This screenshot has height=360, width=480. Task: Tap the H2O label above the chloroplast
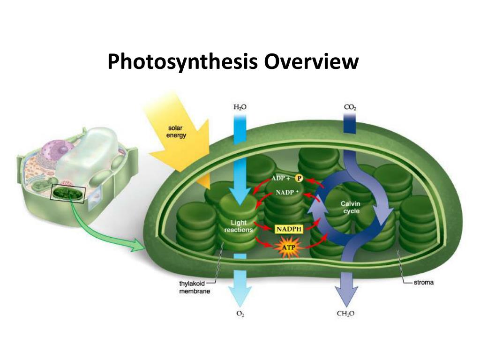pyautogui.click(x=240, y=107)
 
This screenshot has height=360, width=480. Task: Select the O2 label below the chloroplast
pyautogui.click(x=240, y=314)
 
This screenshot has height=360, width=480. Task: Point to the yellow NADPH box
pyautogui.click(x=289, y=229)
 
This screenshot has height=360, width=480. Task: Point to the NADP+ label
pyautogui.click(x=288, y=192)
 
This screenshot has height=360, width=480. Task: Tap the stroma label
pyautogui.click(x=424, y=283)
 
